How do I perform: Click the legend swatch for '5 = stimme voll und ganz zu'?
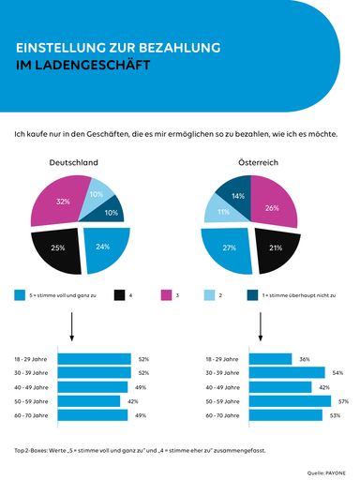[20, 294]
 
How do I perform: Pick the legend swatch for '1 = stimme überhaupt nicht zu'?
[252, 294]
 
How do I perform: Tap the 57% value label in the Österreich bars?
[343, 400]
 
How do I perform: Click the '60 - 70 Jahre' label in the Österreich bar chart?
[222, 414]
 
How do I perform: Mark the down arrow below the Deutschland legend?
[72, 327]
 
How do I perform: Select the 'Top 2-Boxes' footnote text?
[141, 449]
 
